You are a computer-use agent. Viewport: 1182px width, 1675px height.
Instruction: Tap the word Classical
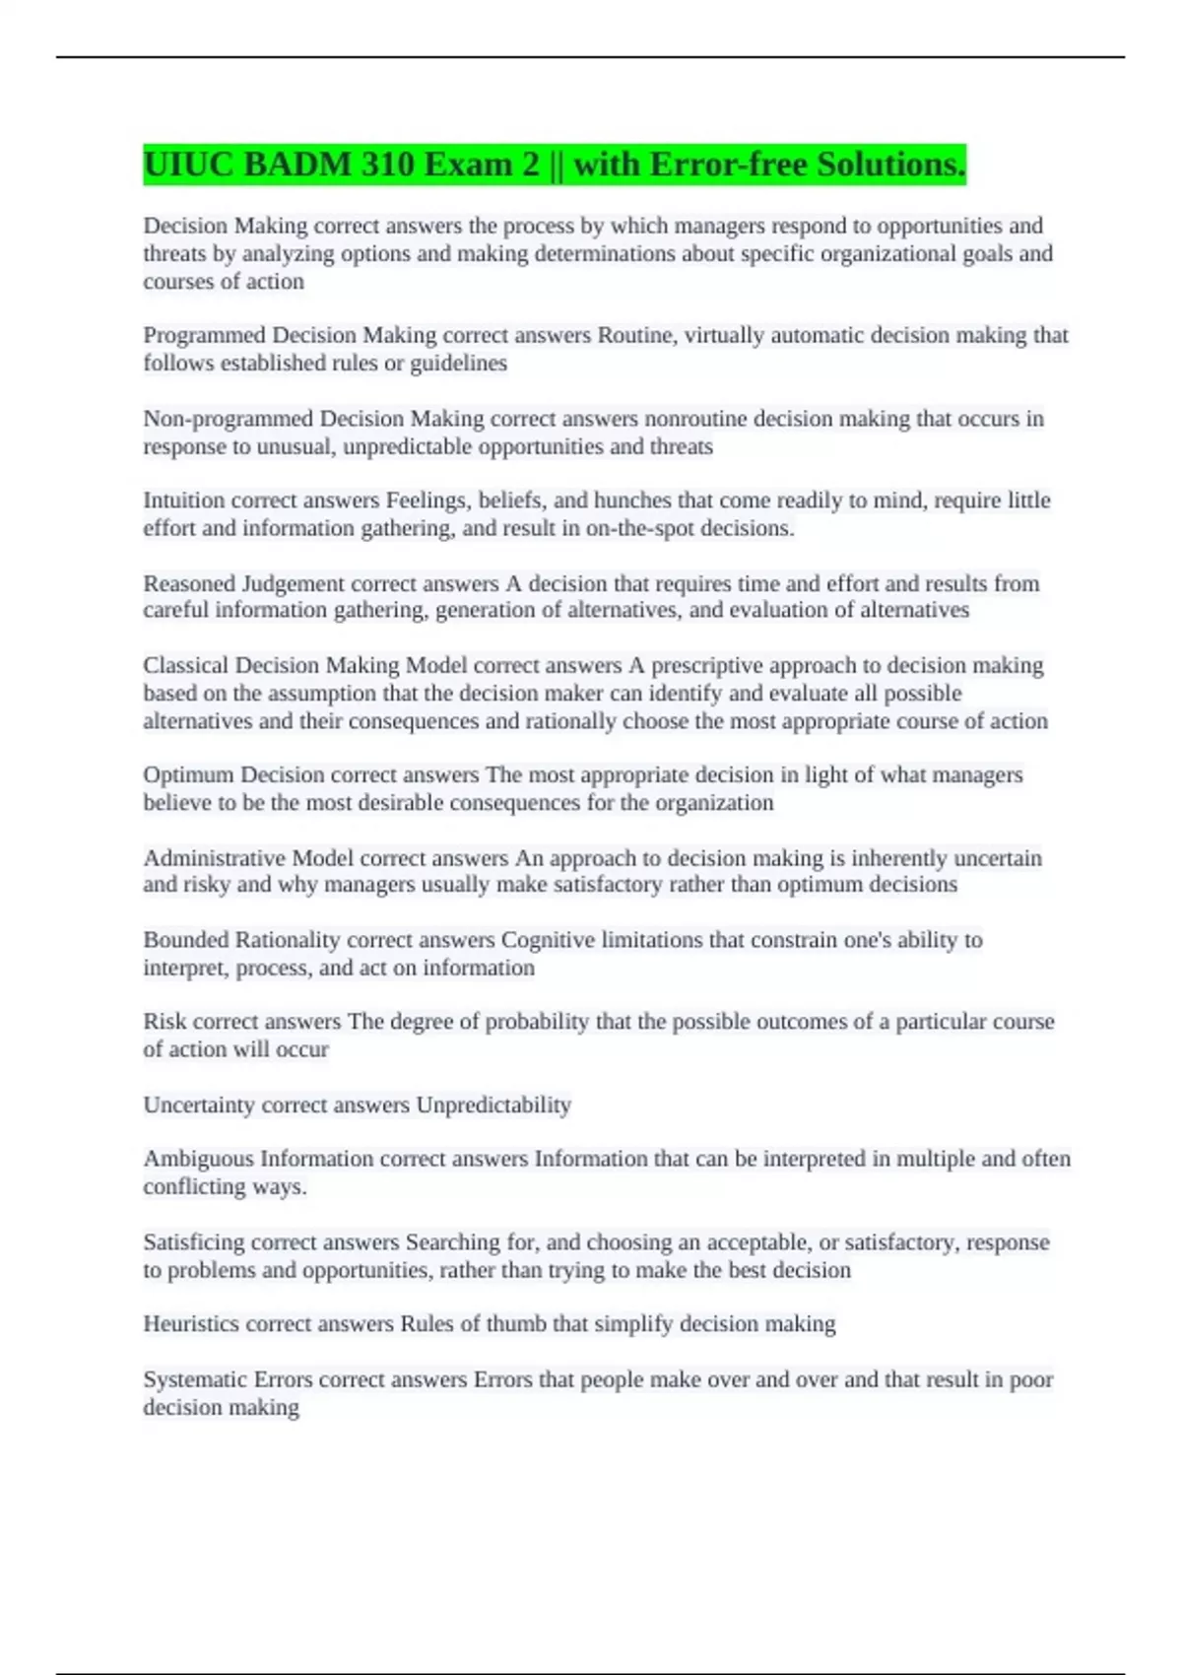point(185,665)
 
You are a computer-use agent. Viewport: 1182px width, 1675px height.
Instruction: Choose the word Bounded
point(186,940)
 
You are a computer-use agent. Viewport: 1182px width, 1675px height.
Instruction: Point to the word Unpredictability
point(493,1105)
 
